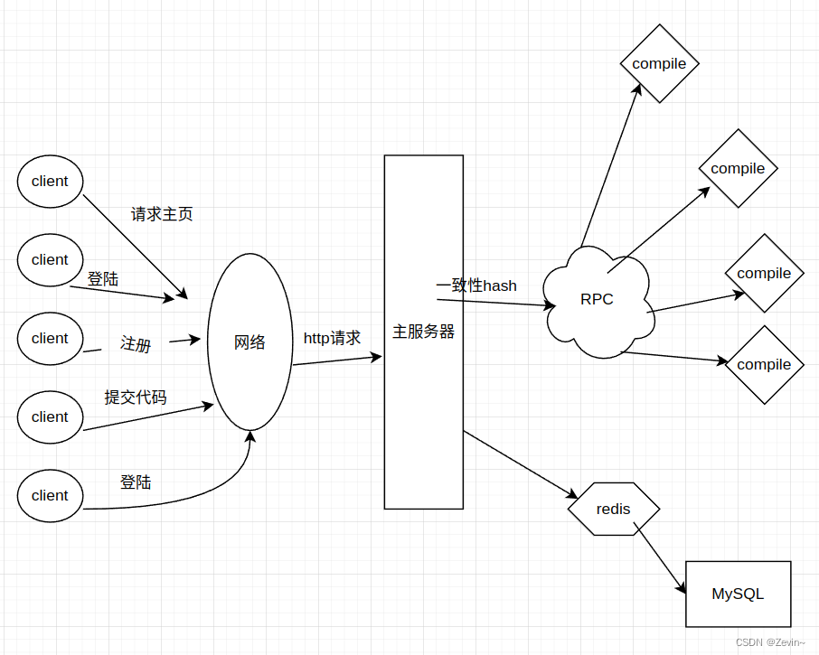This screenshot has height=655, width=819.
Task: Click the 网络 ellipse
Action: (249, 342)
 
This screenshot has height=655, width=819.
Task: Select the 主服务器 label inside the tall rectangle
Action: (423, 332)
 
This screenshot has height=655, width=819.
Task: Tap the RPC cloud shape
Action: (597, 299)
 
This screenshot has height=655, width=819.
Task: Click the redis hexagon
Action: (614, 509)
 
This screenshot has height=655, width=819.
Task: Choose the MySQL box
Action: (738, 594)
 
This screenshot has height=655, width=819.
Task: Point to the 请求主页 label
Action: (162, 214)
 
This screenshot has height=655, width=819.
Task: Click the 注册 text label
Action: (136, 344)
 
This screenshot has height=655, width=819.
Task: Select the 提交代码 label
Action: (136, 398)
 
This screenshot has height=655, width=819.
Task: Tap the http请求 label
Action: (332, 338)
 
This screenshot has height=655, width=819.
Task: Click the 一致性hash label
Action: (476, 285)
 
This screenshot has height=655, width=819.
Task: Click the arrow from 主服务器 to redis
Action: (520, 464)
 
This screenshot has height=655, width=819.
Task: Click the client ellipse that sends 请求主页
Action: (50, 181)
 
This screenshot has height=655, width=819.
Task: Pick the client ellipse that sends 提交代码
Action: (50, 416)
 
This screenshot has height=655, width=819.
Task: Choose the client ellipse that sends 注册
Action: (50, 338)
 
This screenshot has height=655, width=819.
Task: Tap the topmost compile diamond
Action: (659, 63)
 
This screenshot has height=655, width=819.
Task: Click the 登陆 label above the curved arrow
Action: (136, 482)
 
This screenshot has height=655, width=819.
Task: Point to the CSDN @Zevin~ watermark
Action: (770, 642)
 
